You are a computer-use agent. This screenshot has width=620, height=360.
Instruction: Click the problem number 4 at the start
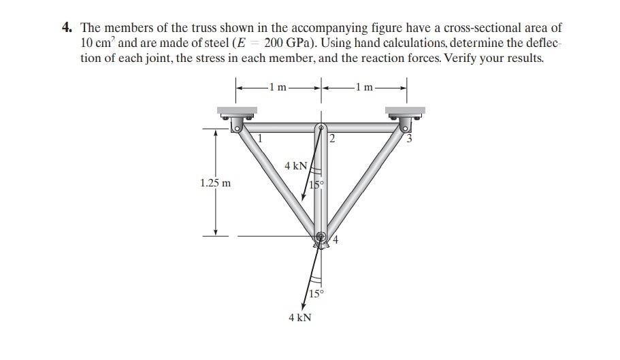click(67, 29)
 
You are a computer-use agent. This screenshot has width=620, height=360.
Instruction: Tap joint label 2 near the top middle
click(332, 140)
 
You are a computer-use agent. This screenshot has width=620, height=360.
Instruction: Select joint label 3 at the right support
click(410, 140)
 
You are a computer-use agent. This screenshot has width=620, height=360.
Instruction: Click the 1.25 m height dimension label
click(215, 183)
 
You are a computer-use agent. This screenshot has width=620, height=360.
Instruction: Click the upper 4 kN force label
click(296, 165)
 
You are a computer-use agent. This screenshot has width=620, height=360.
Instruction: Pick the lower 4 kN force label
click(300, 318)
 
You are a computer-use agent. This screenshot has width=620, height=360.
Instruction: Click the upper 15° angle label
click(316, 185)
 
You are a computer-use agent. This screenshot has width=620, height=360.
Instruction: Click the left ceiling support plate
click(237, 110)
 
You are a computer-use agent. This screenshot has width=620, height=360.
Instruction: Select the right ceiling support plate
click(405, 110)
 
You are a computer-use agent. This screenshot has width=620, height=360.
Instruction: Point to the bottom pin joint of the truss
click(321, 237)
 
